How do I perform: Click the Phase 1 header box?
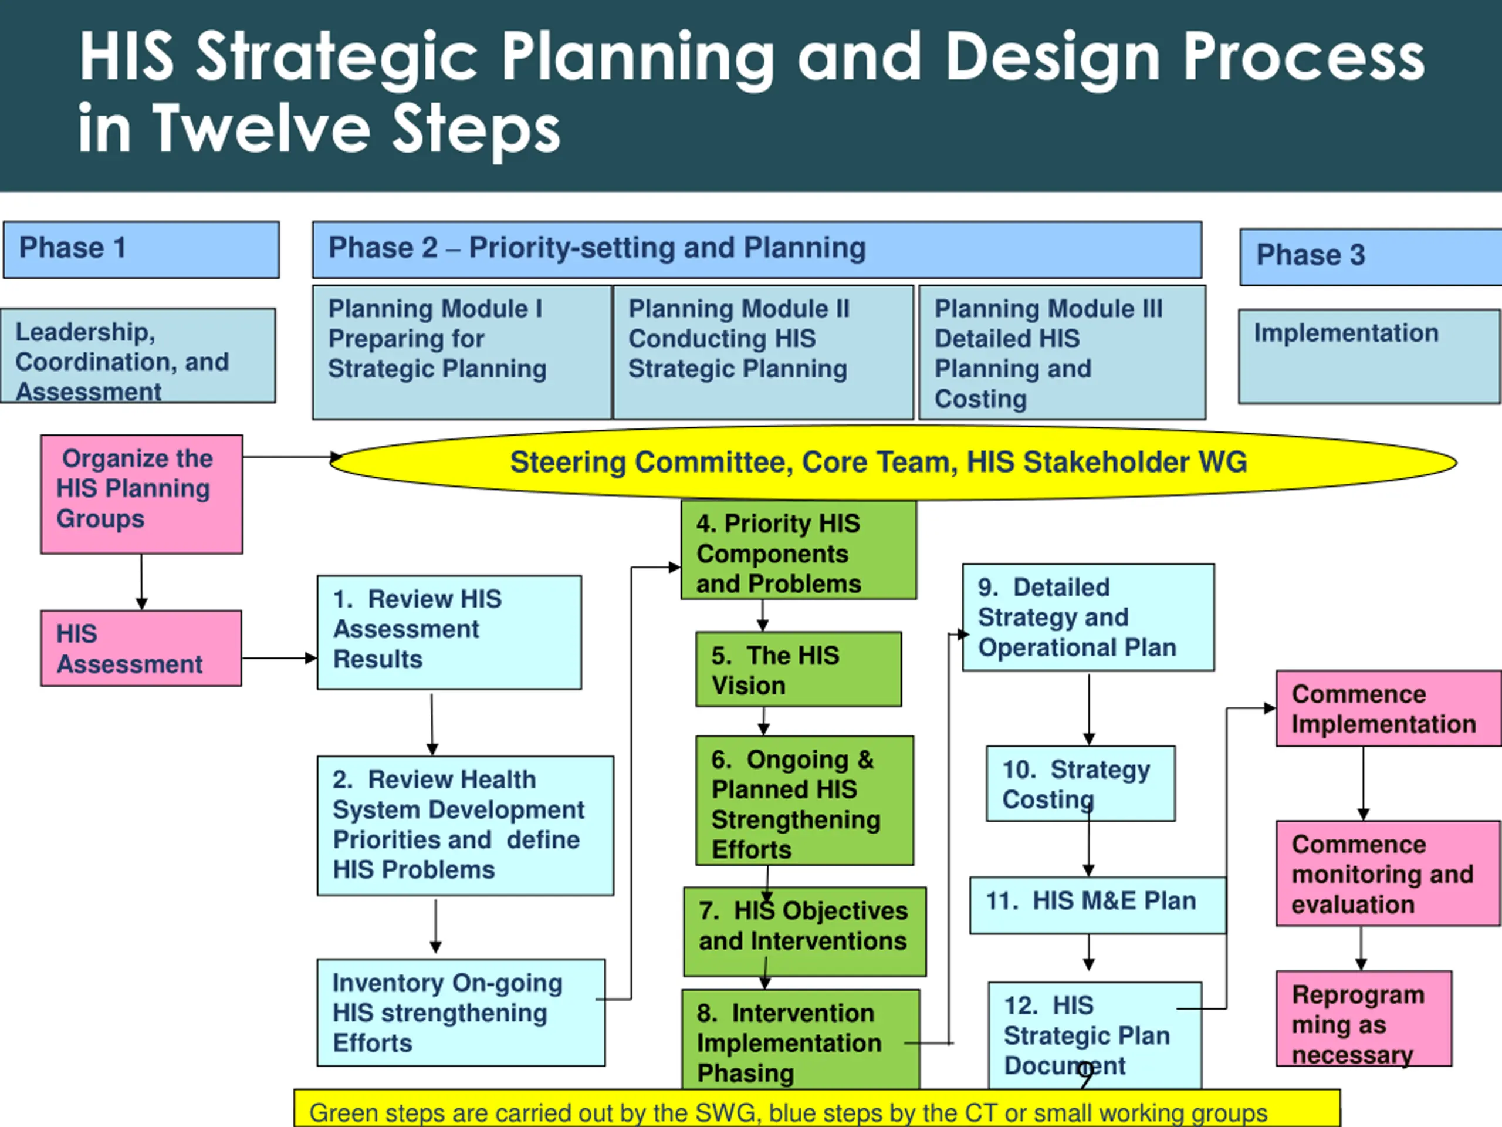click(x=141, y=249)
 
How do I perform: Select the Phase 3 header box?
click(x=1370, y=257)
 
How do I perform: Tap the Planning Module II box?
click(x=763, y=352)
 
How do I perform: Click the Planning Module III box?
click(x=1062, y=352)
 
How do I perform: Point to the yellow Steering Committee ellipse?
click(x=893, y=463)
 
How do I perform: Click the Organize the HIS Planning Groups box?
click(x=141, y=494)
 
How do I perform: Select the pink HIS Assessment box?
click(x=141, y=648)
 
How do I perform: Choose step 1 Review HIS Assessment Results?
click(x=449, y=632)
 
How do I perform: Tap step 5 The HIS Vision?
click(x=799, y=669)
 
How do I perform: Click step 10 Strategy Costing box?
click(x=1080, y=783)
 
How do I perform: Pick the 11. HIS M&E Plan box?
click(x=1097, y=905)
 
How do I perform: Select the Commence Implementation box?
click(x=1388, y=708)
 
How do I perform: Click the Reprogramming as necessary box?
click(x=1364, y=1018)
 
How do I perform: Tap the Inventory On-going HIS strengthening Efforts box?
click(x=461, y=1012)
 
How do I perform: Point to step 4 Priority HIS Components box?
click(x=799, y=550)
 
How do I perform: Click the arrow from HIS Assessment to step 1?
click(x=279, y=657)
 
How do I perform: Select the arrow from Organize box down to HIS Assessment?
click(x=141, y=582)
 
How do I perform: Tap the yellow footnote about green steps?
click(x=817, y=1110)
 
